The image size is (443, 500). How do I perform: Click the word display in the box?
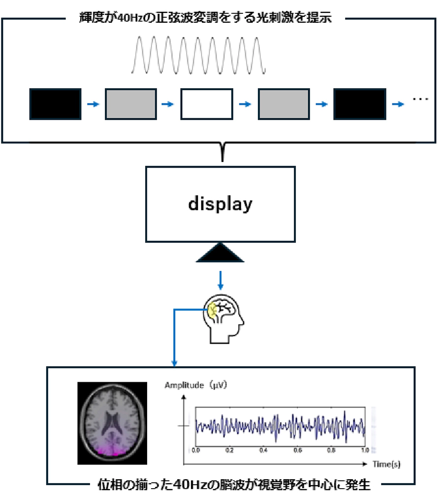click(x=220, y=204)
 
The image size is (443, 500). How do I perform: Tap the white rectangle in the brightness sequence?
click(x=206, y=104)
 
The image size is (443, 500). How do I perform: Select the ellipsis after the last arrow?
click(x=420, y=99)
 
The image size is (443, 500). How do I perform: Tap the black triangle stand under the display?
click(x=220, y=253)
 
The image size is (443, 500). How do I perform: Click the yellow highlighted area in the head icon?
click(x=213, y=311)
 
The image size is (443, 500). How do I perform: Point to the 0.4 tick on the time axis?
click(x=263, y=450)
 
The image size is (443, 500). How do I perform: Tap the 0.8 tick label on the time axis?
click(x=331, y=450)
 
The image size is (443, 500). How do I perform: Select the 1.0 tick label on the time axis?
click(x=364, y=450)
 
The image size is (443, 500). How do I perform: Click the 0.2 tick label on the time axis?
click(x=229, y=450)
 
